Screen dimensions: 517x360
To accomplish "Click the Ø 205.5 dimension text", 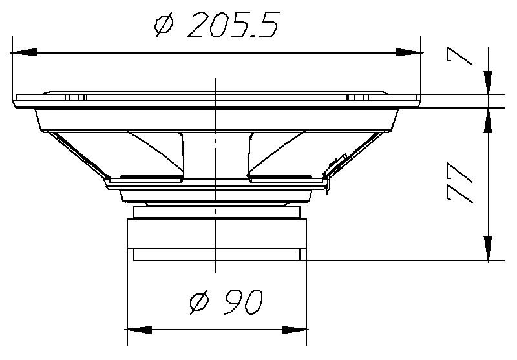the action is [217, 25].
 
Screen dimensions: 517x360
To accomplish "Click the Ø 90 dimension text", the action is [226, 302].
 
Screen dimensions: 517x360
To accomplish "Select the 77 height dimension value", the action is [459, 182].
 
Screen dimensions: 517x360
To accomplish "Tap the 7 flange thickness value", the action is [459, 56].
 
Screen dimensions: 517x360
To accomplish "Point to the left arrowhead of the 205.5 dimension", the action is [24, 52].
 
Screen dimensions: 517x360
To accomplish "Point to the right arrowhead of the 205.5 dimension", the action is [409, 52].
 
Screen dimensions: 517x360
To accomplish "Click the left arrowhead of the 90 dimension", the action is [139, 330].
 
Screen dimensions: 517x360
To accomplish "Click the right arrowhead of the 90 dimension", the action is [295, 330].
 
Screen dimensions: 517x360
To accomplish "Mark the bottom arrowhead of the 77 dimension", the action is [488, 248].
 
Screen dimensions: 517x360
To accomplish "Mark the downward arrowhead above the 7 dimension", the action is [488, 83].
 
